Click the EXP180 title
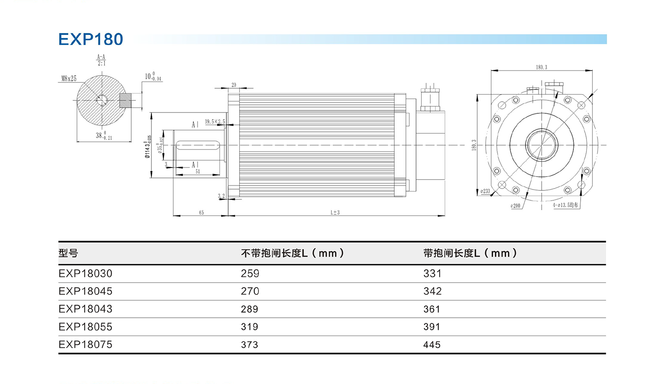[x=90, y=39]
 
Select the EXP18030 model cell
[x=85, y=273]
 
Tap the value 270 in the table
[x=250, y=291]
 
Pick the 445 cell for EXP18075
[x=432, y=345]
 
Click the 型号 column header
[x=69, y=253]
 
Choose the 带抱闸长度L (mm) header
[x=470, y=253]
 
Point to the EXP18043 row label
[x=85, y=309]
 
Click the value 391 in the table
[x=432, y=327]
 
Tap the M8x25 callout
[x=69, y=79]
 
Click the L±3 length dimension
[x=335, y=212]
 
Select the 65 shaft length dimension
[x=202, y=212]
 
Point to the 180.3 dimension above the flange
[x=541, y=67]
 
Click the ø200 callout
[x=516, y=206]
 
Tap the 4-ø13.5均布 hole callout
[x=565, y=205]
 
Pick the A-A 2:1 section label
[x=101, y=60]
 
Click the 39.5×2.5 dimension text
[x=215, y=122]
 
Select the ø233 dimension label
[x=485, y=191]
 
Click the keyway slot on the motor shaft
[x=198, y=145]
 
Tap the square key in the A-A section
[x=125, y=100]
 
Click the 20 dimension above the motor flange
[x=234, y=85]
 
